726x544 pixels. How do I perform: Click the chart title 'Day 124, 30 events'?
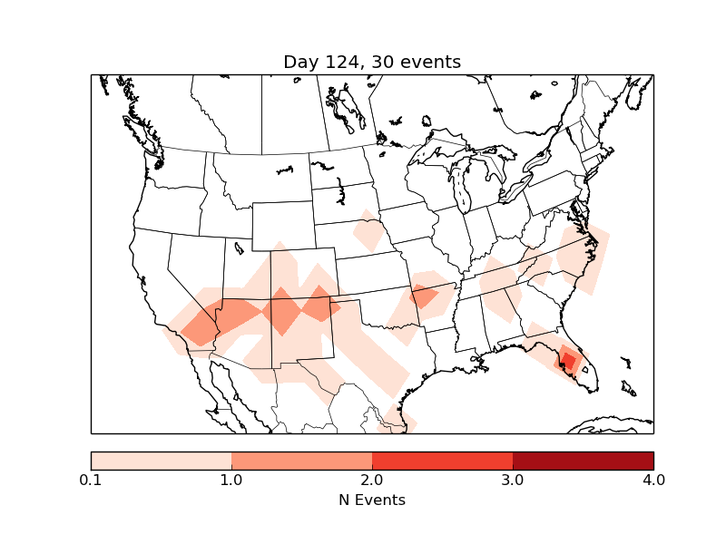click(372, 62)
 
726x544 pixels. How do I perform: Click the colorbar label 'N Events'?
click(372, 500)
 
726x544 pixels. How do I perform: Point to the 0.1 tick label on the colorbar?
click(91, 480)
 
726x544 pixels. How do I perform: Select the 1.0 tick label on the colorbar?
click(231, 480)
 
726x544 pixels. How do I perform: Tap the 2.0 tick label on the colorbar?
click(372, 480)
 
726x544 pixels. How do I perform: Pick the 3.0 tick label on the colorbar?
click(513, 480)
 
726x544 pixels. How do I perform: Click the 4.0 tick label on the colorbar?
click(653, 480)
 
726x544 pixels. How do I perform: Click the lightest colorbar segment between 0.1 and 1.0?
click(162, 461)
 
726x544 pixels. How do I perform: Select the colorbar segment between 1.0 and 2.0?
click(302, 461)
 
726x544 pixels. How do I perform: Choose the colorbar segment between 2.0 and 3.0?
click(443, 461)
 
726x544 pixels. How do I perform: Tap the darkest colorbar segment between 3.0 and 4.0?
click(584, 461)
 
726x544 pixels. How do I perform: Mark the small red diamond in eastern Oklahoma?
click(424, 296)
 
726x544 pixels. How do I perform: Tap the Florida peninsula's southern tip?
click(591, 388)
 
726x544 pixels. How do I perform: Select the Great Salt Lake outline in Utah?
click(238, 247)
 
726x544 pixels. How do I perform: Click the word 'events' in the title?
click(432, 62)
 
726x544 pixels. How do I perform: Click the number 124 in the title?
click(341, 62)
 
